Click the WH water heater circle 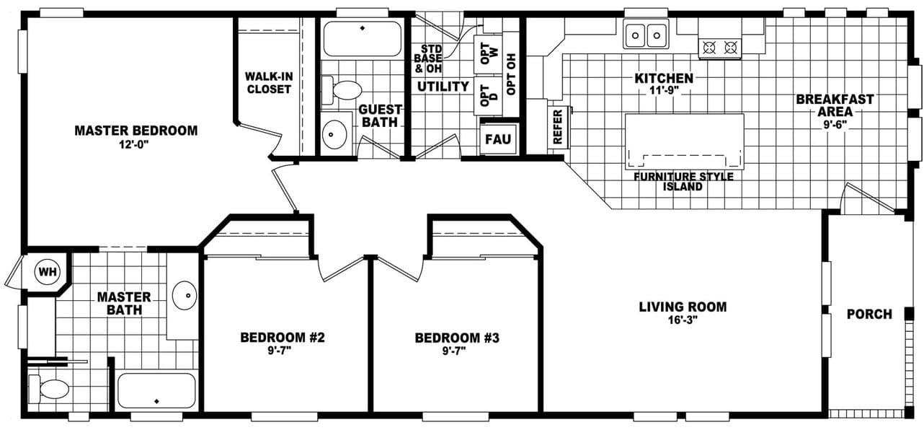(48, 272)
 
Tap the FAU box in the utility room (497, 139)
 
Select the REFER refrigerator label (558, 126)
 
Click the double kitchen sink (646, 34)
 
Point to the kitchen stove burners (720, 48)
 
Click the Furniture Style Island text (683, 181)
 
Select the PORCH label (869, 314)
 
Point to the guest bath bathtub (362, 39)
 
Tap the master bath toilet (53, 390)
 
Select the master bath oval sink (185, 296)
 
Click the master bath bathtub (156, 390)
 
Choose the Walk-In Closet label (268, 82)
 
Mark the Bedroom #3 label (447, 338)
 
